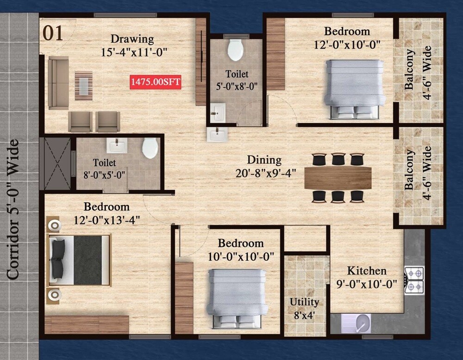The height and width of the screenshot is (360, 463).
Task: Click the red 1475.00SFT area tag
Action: tap(156, 82)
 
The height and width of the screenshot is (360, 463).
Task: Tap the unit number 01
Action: tap(53, 34)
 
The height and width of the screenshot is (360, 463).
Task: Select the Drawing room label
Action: tap(132, 39)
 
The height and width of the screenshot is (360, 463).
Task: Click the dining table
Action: tap(338, 178)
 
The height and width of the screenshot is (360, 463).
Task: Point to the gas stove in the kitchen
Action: tap(414, 280)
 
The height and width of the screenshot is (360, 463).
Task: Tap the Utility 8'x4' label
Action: tap(304, 308)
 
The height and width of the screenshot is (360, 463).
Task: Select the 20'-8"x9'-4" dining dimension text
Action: tap(266, 173)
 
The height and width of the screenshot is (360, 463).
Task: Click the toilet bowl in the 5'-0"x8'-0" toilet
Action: tap(236, 50)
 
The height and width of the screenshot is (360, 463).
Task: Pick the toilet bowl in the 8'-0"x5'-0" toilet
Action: tap(150, 148)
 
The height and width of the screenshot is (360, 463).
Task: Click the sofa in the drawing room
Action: tap(57, 83)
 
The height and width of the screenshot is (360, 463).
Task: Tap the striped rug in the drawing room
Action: tap(84, 85)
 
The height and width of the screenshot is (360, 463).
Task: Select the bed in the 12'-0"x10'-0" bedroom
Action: tap(355, 88)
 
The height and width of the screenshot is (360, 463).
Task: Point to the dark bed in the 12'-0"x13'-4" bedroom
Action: tap(80, 261)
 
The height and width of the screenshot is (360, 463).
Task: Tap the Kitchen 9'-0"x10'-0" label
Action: tap(367, 277)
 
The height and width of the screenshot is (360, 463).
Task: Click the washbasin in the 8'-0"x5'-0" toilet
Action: tap(115, 145)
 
